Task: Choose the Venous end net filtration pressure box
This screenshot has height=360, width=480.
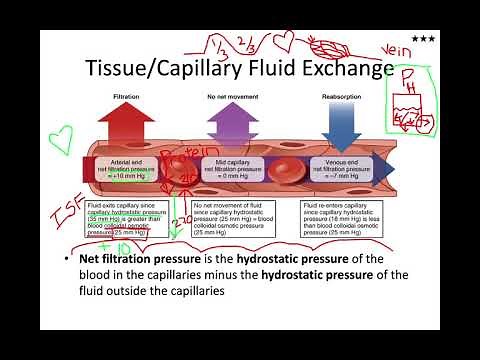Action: [x=332, y=163]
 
